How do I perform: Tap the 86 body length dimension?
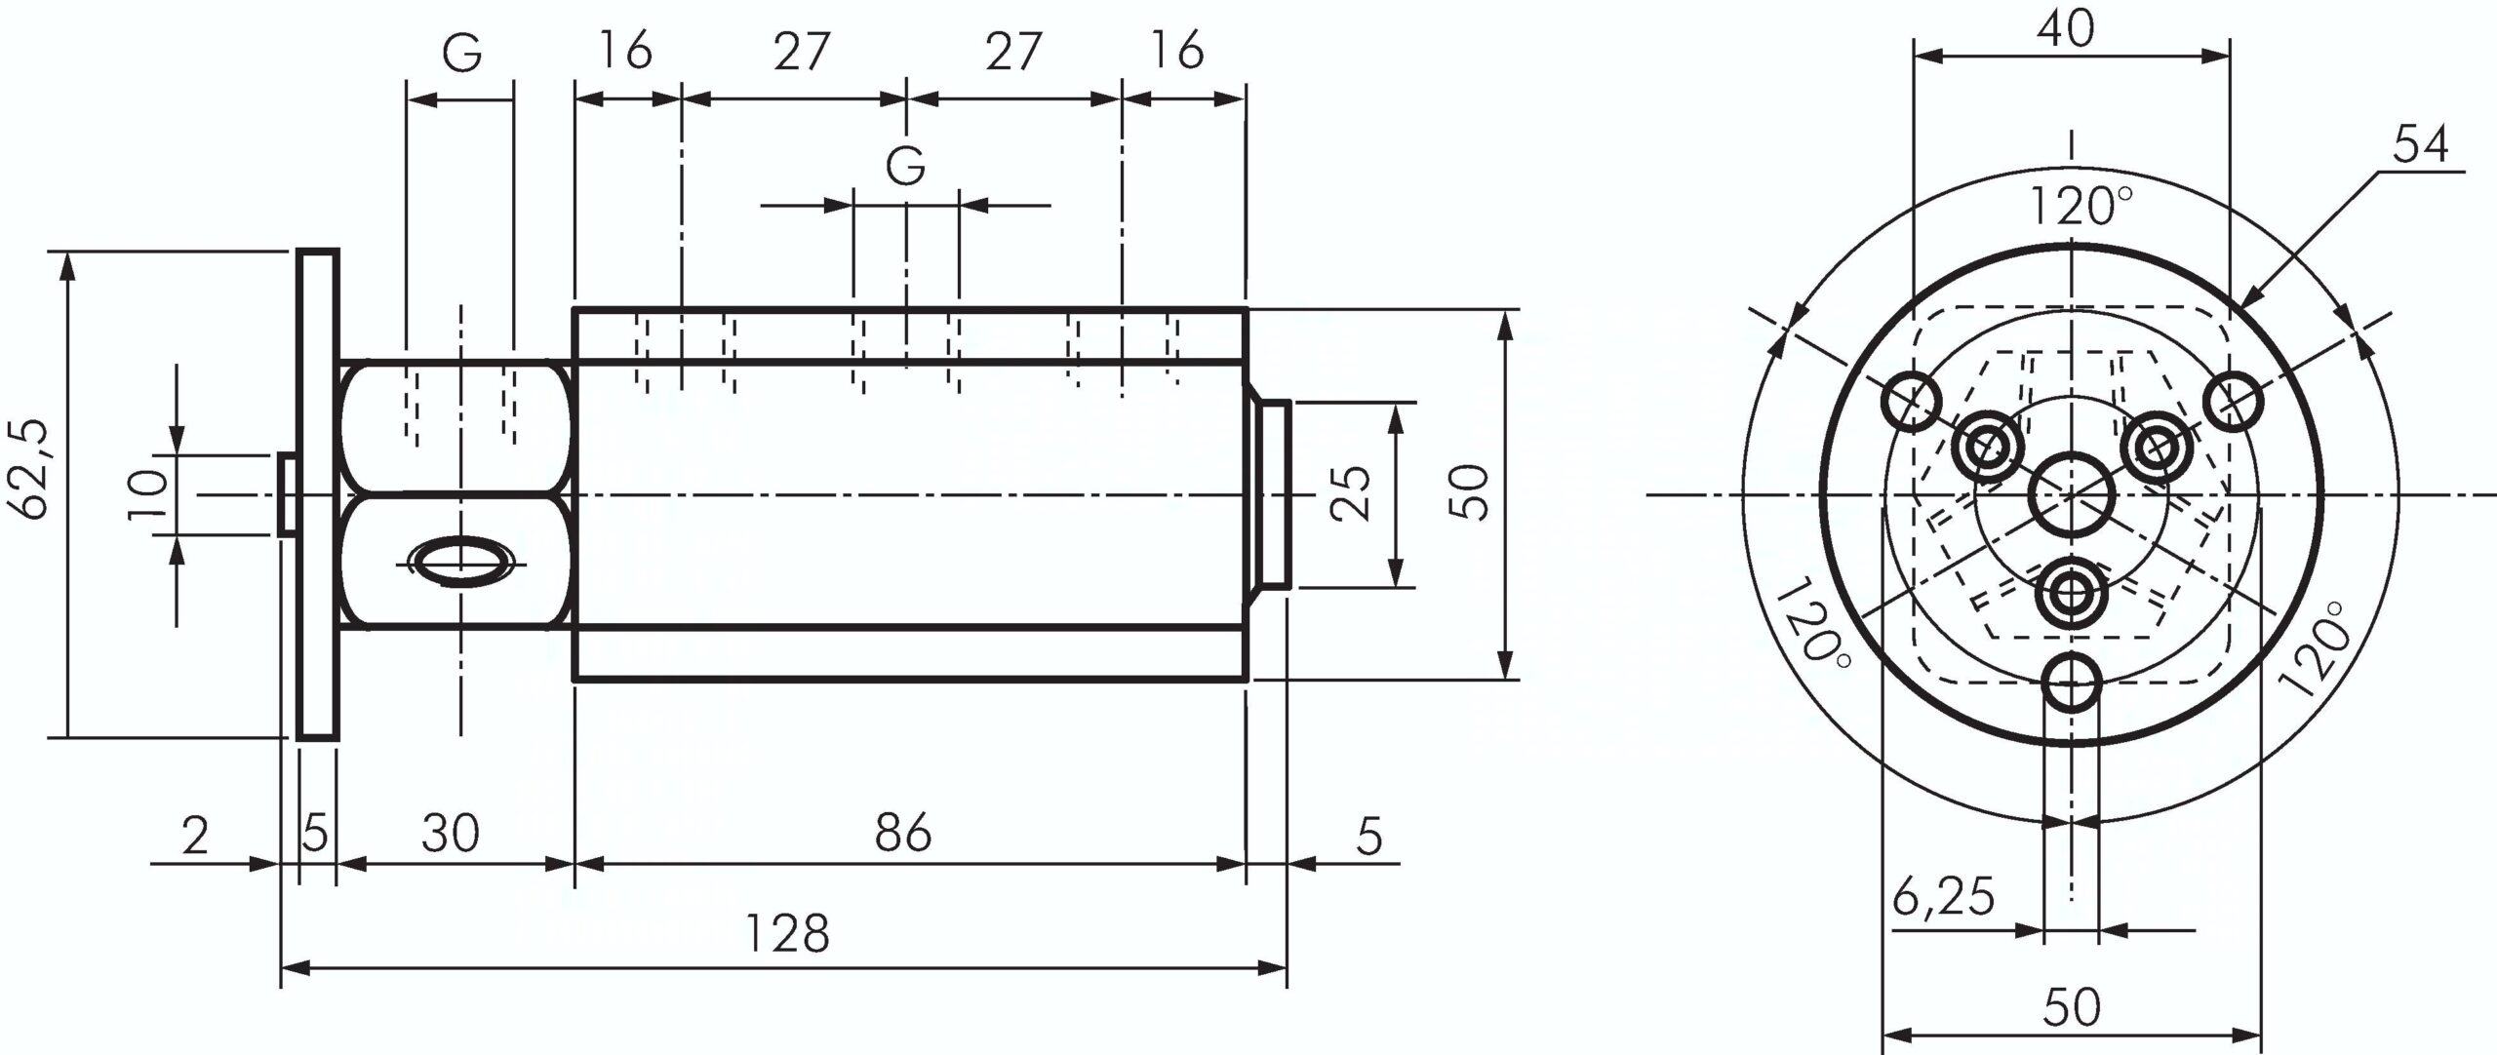tap(903, 834)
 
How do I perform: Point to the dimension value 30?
tap(450, 834)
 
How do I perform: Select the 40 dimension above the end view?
tap(2066, 29)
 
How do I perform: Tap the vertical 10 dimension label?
tap(147, 495)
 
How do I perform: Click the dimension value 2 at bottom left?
tap(195, 836)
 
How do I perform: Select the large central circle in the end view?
tap(2072, 495)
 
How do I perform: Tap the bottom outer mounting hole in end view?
tap(2071, 685)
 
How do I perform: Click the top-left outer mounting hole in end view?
tap(1911, 401)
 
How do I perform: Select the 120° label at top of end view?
tap(2080, 208)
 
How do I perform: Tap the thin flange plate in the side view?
tap(317, 494)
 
